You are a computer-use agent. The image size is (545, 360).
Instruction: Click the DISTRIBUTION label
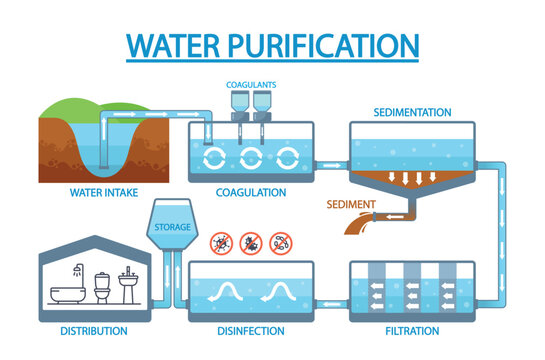click(x=93, y=330)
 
